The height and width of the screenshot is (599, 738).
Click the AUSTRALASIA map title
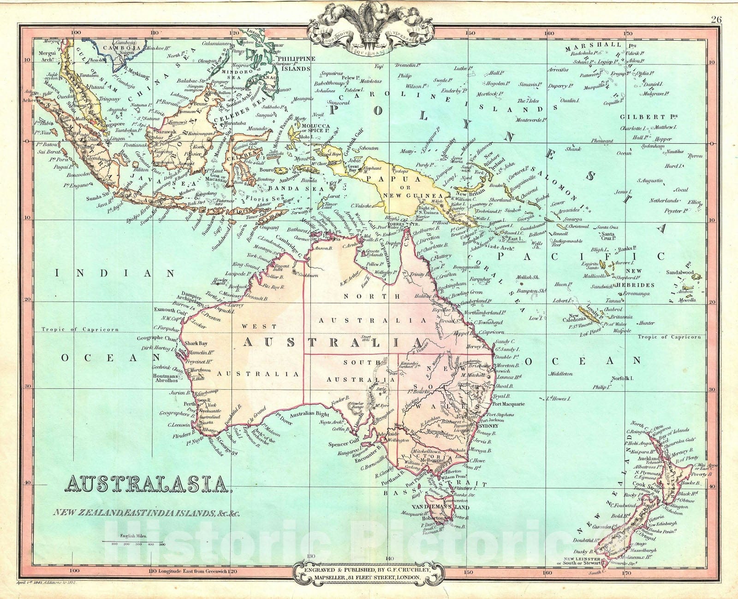tap(148, 484)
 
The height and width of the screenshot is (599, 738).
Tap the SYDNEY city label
tap(490, 426)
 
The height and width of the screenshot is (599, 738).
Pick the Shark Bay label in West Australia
tap(196, 343)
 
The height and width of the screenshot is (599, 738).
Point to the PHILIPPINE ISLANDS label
tap(294, 64)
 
